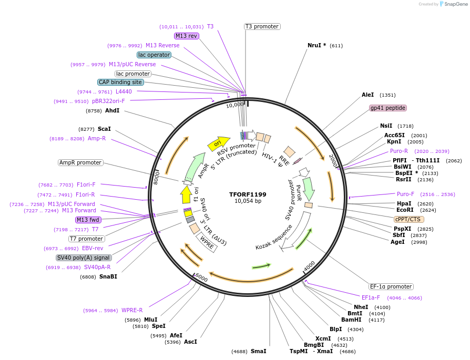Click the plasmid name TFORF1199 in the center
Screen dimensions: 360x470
pos(248,194)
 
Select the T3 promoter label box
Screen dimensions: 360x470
pos(262,26)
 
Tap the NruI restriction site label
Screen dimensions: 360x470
pos(316,45)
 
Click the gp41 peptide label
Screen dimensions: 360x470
pos(388,108)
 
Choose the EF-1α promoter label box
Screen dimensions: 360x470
pos(391,286)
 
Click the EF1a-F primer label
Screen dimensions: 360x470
pos(371,297)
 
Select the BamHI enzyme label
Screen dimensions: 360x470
pos(351,320)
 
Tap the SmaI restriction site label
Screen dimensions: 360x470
pos(258,351)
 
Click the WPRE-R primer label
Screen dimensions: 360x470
pos(132,310)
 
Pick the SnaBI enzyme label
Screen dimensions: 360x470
pos(108,276)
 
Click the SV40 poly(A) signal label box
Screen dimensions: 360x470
pos(84,258)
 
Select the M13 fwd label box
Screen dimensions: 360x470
pos(89,220)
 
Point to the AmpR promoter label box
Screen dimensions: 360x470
pos(80,162)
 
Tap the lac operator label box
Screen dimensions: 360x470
pos(154,55)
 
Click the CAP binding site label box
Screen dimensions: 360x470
pos(120,82)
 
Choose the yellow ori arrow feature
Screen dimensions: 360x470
pos(219,142)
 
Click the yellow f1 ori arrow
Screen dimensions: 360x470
pos(186,194)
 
